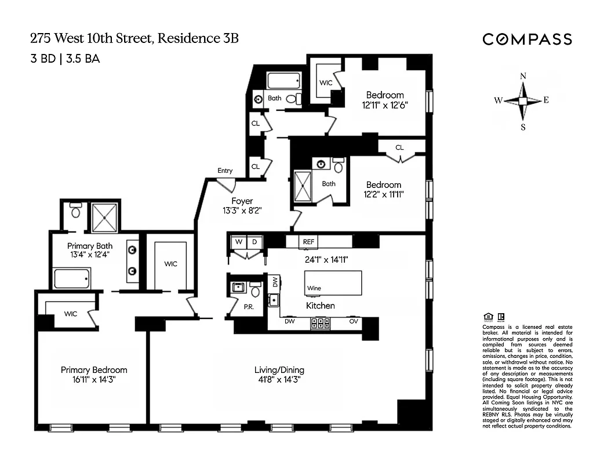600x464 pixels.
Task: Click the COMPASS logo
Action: pyautogui.click(x=527, y=39)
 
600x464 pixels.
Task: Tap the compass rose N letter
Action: pyautogui.click(x=523, y=77)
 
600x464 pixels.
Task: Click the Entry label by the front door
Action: pyautogui.click(x=225, y=171)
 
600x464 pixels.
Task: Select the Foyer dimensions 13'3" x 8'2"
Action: pyautogui.click(x=242, y=211)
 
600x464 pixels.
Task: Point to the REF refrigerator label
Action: pyautogui.click(x=307, y=241)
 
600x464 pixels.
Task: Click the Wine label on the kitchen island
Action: pyautogui.click(x=314, y=288)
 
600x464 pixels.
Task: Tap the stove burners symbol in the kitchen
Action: pyautogui.click(x=321, y=323)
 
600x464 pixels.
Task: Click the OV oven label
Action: pyautogui.click(x=353, y=321)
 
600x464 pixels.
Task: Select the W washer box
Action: pyautogui.click(x=238, y=241)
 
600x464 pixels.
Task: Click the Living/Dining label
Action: pyautogui.click(x=279, y=370)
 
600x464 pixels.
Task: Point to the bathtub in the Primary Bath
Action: pyautogui.click(x=71, y=278)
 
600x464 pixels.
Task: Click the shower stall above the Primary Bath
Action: pyautogui.click(x=104, y=215)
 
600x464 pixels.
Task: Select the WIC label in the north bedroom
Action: pyautogui.click(x=326, y=83)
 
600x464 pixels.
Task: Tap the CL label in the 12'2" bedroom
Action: pyautogui.click(x=399, y=147)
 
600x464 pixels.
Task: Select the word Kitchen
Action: pyautogui.click(x=321, y=305)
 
